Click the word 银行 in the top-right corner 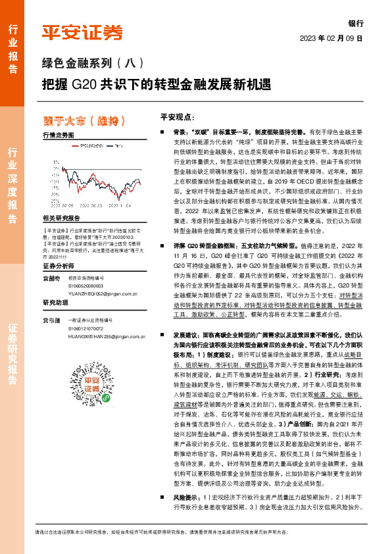(356, 22)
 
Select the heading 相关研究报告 (61, 218)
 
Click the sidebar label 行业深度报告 (12, 186)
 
